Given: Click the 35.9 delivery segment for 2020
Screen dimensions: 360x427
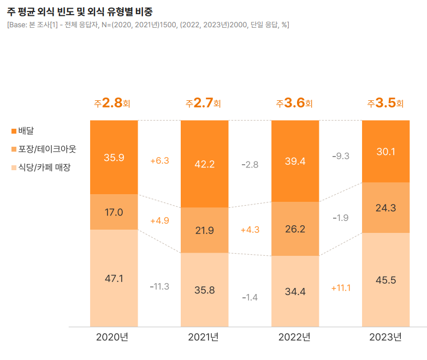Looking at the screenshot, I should tap(114, 158).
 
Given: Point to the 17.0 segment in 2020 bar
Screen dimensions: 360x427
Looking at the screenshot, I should tap(114, 212).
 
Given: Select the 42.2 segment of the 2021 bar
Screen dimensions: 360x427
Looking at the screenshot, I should tap(205, 164).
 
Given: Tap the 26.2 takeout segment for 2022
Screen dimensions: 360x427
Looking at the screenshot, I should tap(295, 229).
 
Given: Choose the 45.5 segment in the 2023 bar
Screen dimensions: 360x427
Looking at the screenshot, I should tap(386, 280).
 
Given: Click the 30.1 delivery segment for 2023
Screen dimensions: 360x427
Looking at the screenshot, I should tap(386, 152).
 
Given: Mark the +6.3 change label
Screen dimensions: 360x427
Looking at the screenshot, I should tap(159, 160).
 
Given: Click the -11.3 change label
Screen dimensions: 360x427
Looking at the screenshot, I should tap(159, 286).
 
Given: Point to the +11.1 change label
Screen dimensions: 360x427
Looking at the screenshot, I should tap(341, 287).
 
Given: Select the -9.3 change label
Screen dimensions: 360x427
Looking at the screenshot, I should tap(341, 156).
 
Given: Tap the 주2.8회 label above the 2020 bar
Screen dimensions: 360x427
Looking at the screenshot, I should tap(114, 103).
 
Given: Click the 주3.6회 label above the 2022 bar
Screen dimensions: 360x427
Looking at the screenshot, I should tap(295, 103).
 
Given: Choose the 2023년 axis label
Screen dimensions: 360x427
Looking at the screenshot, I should tap(385, 337).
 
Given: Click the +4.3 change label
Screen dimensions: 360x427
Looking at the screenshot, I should tap(250, 230).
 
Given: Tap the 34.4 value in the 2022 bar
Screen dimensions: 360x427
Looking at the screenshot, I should tap(295, 291).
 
